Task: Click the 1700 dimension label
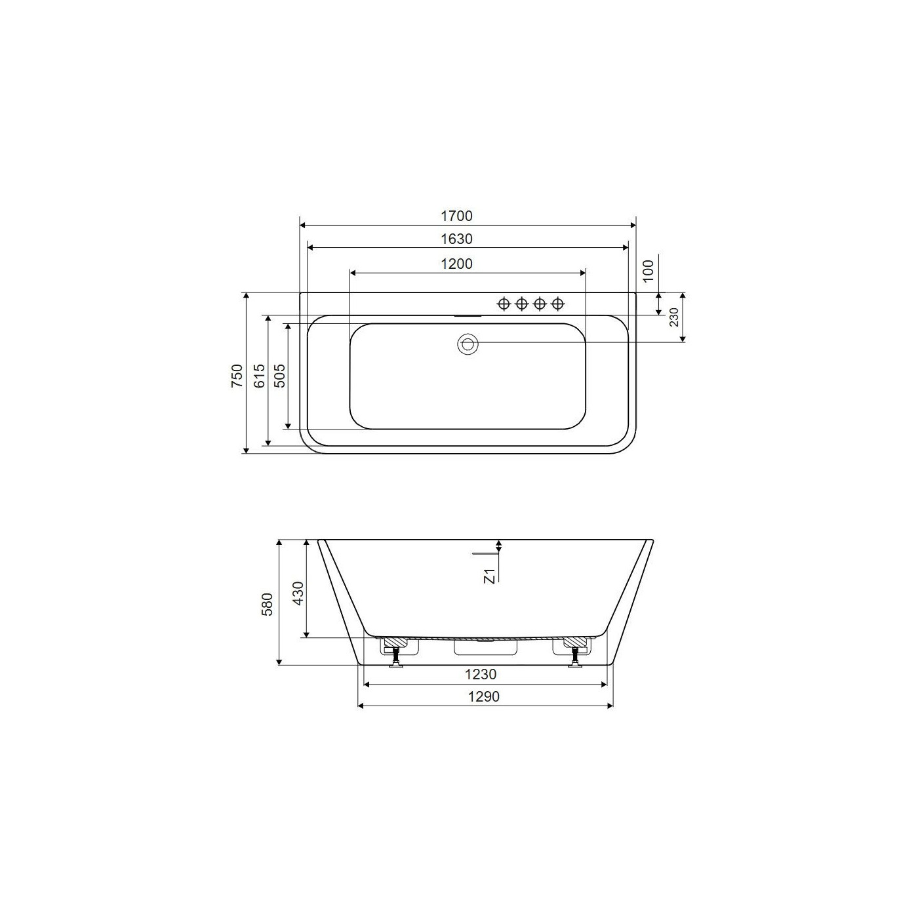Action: pyautogui.click(x=456, y=216)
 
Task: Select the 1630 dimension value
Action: pyautogui.click(x=456, y=239)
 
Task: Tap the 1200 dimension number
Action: pyautogui.click(x=456, y=264)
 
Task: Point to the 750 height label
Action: pyautogui.click(x=237, y=375)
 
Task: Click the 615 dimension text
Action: pyautogui.click(x=259, y=375)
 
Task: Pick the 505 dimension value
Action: pyautogui.click(x=279, y=375)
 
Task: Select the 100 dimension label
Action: pyautogui.click(x=649, y=271)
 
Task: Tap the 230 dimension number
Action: pyautogui.click(x=673, y=317)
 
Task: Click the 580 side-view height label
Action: pyautogui.click(x=268, y=605)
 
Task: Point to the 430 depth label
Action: pyautogui.click(x=298, y=593)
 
